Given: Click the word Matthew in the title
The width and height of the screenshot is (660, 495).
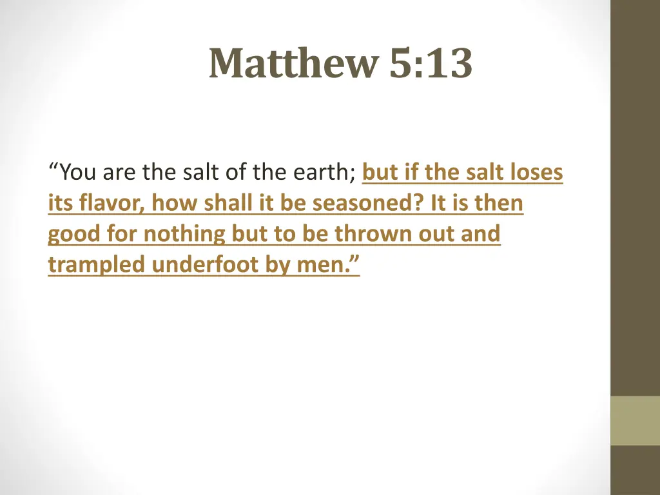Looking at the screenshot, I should pyautogui.click(x=294, y=64).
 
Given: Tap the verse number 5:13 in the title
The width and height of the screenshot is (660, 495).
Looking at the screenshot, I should pyautogui.click(x=431, y=64).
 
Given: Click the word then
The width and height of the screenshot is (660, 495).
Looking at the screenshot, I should pyautogui.click(x=499, y=204).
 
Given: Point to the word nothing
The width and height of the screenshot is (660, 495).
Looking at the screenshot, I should pyautogui.click(x=184, y=234).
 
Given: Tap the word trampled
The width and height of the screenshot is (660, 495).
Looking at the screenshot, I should pyautogui.click(x=97, y=264).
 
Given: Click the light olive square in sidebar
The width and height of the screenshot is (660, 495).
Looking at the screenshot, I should pyautogui.click(x=635, y=420).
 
